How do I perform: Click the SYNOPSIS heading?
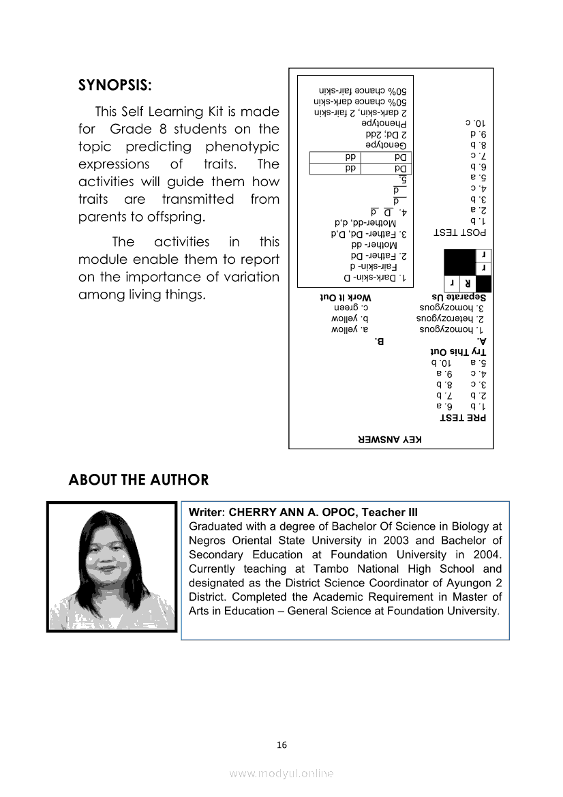pos(115,86)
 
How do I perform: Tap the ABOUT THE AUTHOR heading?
pos(138,480)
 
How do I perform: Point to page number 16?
pos(281,745)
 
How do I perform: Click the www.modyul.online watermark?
pos(281,774)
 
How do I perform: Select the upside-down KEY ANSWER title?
pos(391,440)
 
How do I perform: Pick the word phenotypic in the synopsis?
pos(243,147)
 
